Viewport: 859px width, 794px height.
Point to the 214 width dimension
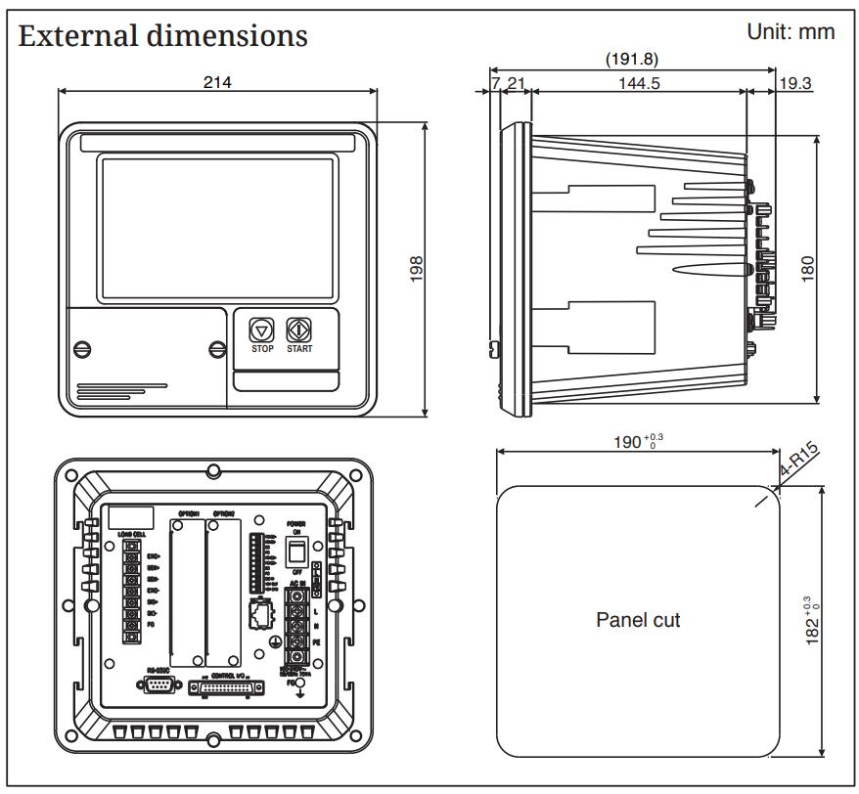(217, 82)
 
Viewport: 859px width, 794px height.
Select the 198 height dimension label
(416, 269)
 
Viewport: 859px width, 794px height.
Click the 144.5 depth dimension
(638, 83)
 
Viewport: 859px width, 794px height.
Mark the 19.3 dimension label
(795, 83)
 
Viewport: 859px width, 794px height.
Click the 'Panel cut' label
(638, 620)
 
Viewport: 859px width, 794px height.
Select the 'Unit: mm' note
(791, 31)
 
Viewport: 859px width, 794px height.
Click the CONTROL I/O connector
(226, 688)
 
